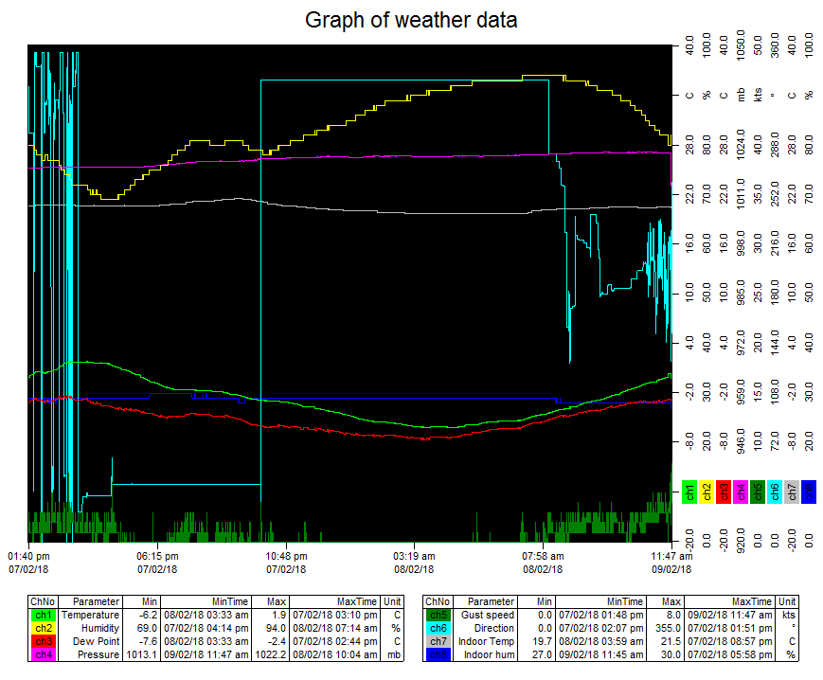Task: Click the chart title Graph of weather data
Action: coord(411,20)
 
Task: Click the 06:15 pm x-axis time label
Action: coord(158,556)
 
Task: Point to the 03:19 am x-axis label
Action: coord(414,556)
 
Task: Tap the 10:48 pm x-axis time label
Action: coord(286,556)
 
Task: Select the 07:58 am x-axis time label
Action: coord(543,556)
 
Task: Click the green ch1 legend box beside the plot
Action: coord(689,492)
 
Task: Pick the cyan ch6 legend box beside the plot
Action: coord(775,492)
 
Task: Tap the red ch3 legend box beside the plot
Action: coord(724,492)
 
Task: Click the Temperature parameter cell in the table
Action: coord(90,615)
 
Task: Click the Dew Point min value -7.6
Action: coord(147,641)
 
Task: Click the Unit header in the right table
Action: coord(785,601)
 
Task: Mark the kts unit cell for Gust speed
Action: coord(785,615)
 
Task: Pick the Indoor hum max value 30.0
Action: coord(671,654)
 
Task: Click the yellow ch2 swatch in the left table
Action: coord(43,628)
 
